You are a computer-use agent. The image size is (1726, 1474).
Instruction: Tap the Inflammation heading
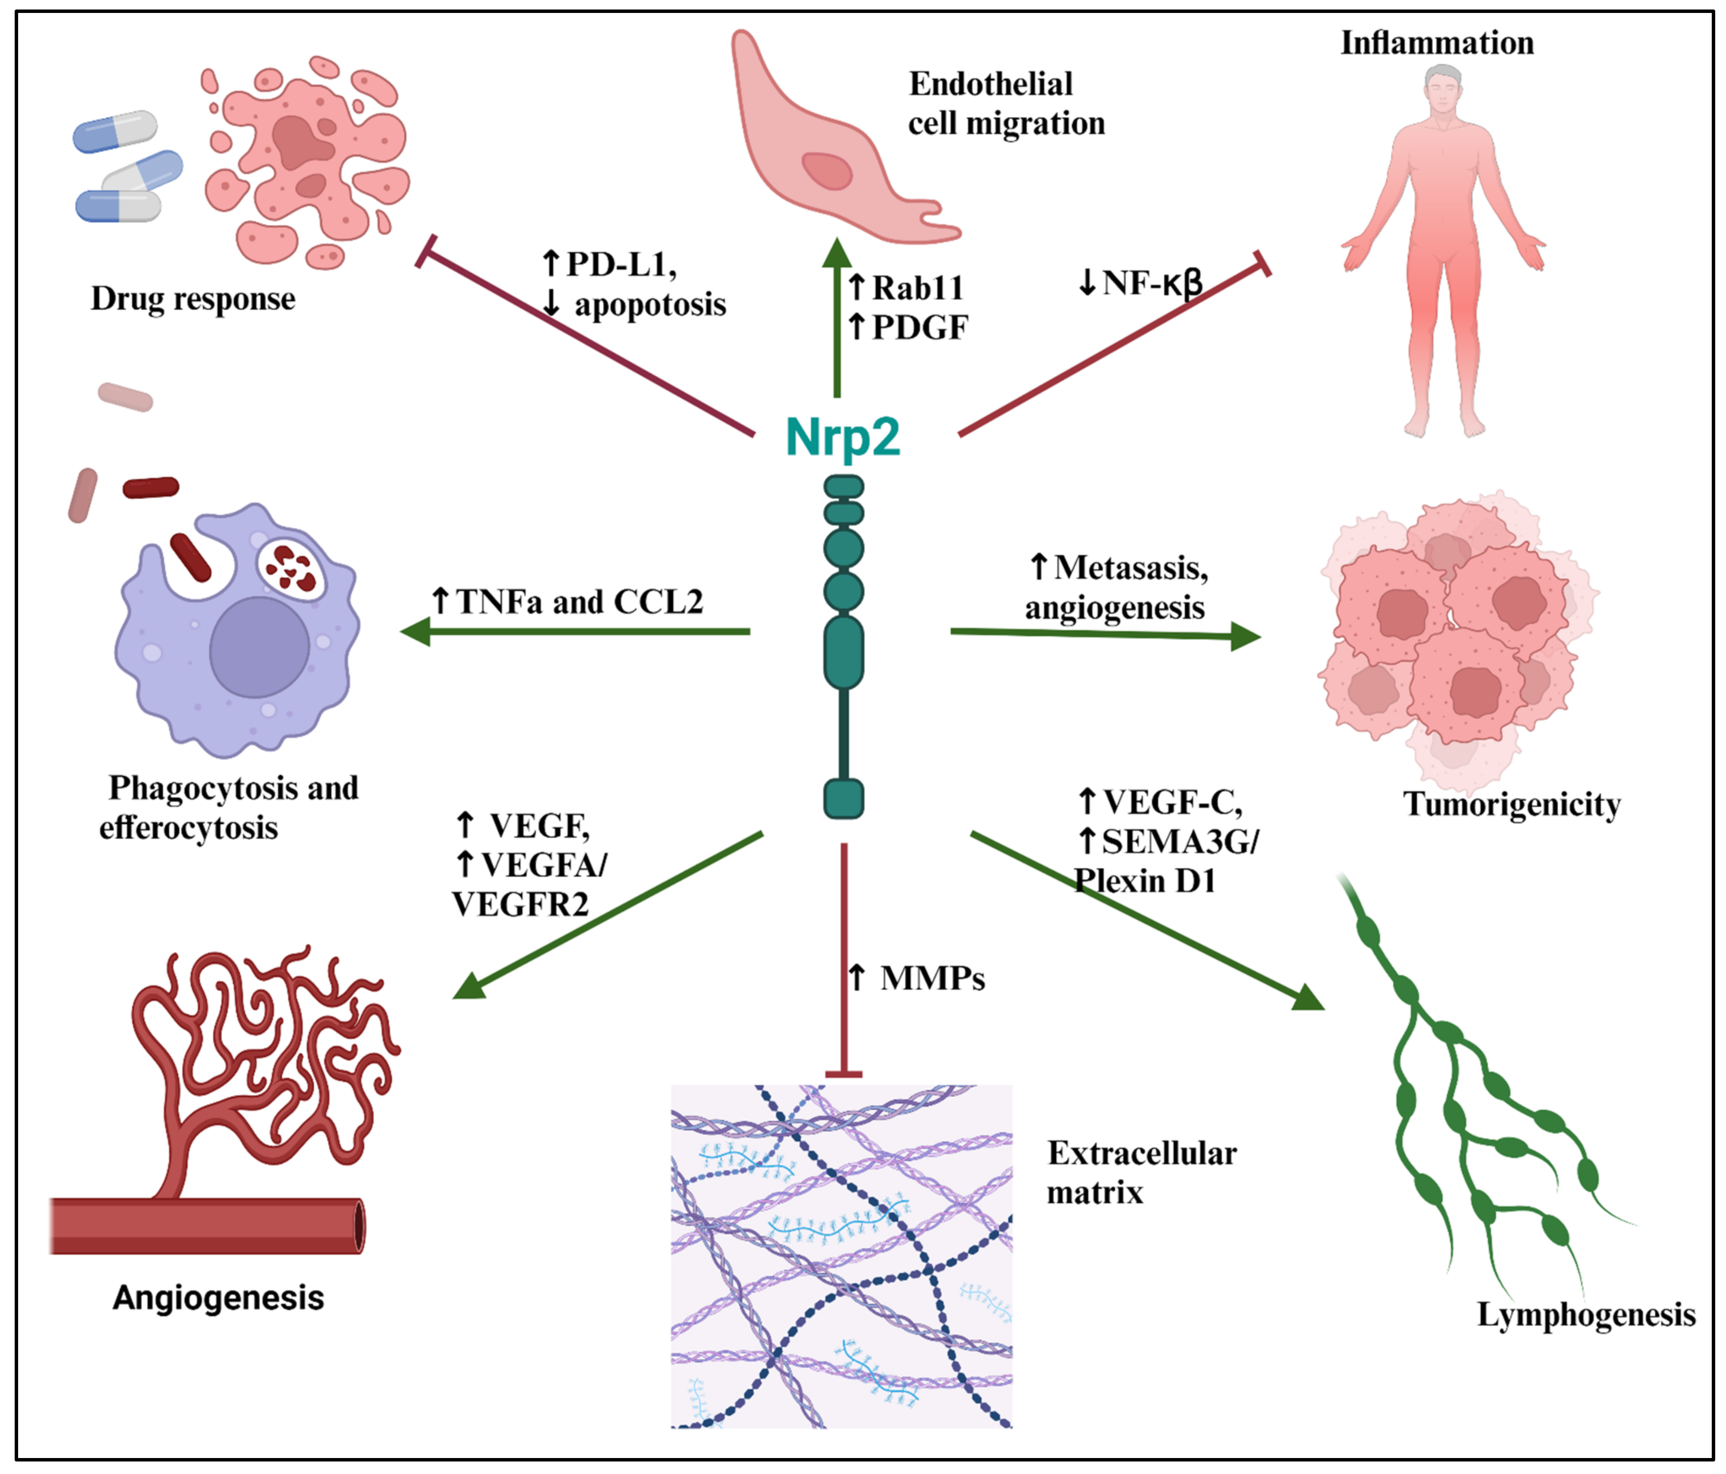1436,42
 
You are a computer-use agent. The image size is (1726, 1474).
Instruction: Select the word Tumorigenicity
1511,804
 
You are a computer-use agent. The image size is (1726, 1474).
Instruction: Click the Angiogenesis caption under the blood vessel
218,1298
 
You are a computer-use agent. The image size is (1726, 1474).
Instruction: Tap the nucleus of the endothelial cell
826,171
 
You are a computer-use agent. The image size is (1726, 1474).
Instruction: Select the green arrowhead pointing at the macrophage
416,632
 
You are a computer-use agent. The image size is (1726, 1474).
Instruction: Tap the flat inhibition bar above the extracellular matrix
843,1074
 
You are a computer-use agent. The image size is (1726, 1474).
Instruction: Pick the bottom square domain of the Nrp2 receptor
843,798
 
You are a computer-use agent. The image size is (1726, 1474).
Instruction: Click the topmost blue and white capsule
115,132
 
